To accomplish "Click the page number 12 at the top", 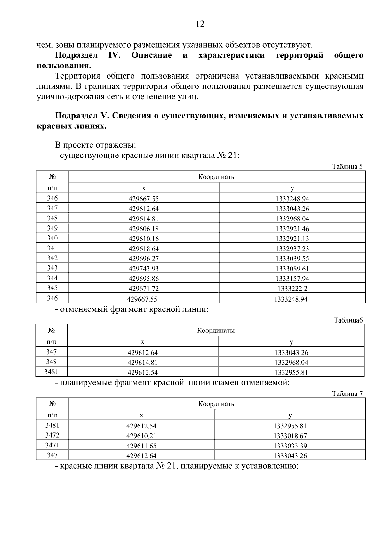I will (x=200, y=24).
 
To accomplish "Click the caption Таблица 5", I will (x=347, y=166).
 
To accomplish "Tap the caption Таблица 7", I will (x=347, y=393).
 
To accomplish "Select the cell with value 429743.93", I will (x=144, y=269).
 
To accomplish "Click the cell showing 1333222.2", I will (x=292, y=289).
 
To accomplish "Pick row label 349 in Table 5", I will (x=52, y=228).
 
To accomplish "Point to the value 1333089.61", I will (x=292, y=269).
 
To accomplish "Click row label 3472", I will (x=52, y=435).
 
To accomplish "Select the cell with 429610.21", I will (x=141, y=436).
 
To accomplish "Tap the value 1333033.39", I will (x=290, y=446).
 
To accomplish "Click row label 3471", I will (x=52, y=445).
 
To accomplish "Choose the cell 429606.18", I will (x=144, y=229).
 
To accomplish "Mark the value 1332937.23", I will (x=292, y=248).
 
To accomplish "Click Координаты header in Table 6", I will (x=216, y=330).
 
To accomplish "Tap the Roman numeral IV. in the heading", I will (x=114, y=55).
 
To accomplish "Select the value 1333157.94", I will (x=292, y=279).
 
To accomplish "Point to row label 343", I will (x=52, y=268).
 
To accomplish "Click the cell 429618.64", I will (x=144, y=248).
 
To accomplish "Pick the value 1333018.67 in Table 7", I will (x=290, y=436).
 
